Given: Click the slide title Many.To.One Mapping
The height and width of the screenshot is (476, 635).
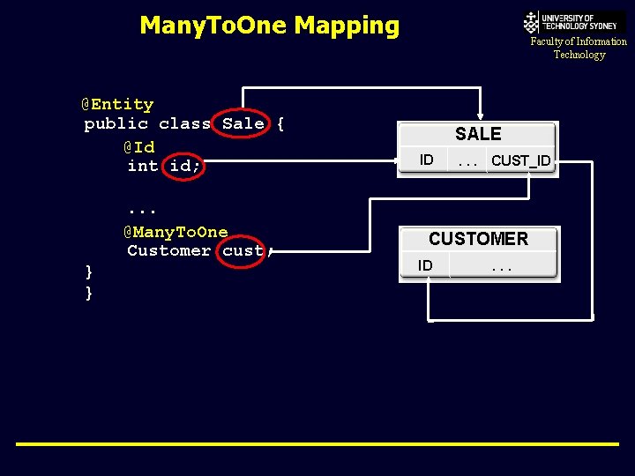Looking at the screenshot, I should [x=269, y=26].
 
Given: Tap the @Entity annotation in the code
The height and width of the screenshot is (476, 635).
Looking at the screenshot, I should [x=118, y=104].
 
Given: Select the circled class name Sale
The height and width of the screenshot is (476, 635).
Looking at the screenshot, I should [x=243, y=123].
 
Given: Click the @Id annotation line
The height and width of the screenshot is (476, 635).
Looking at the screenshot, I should [x=138, y=146].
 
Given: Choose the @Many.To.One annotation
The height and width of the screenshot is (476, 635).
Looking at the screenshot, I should [x=176, y=232].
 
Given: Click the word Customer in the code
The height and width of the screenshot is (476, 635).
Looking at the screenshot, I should [x=168, y=250].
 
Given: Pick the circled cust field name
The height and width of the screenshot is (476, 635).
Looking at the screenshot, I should [x=243, y=250].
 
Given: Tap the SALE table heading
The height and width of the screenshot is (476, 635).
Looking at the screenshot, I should [x=478, y=134].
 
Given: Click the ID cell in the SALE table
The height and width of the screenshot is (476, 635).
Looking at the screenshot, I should [x=426, y=160].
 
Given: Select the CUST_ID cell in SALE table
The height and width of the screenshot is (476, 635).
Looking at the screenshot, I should [x=520, y=160].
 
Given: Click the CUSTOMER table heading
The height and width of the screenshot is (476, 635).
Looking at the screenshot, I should [x=478, y=239].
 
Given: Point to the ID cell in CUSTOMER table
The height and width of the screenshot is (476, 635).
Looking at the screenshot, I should [x=425, y=265].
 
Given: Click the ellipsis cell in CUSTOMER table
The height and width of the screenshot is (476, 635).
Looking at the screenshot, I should [x=501, y=265].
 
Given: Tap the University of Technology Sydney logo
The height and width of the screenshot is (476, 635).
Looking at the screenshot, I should [x=574, y=21].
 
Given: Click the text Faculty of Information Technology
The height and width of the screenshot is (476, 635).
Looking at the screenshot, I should [x=579, y=48].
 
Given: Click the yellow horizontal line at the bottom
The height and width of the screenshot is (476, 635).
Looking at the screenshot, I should [x=317, y=444].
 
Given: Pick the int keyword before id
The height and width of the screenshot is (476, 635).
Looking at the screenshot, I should [x=142, y=166].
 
